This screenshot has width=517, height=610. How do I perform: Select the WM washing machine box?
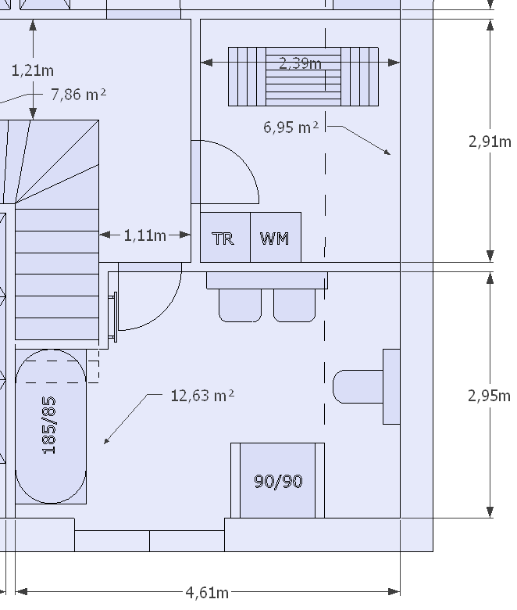[x=275, y=238]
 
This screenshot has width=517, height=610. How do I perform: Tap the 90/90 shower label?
[x=278, y=481]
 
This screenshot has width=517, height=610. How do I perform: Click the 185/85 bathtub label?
[x=49, y=425]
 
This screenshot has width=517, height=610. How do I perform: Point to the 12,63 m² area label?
[x=202, y=396]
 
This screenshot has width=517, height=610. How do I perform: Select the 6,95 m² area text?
[x=291, y=127]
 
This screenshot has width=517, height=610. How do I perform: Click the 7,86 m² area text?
[x=78, y=95]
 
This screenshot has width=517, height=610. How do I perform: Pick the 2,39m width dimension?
[x=301, y=63]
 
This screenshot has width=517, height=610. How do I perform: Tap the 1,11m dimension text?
[x=145, y=235]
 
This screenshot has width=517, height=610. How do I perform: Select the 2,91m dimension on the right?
[x=490, y=142]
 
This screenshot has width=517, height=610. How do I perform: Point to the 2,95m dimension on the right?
[x=490, y=396]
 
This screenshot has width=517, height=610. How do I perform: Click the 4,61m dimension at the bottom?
[x=207, y=592]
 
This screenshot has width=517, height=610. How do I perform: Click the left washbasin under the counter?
[x=240, y=305]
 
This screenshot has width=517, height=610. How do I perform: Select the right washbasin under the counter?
[x=294, y=305]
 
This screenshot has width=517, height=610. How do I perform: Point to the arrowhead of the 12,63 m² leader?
[x=106, y=441]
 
